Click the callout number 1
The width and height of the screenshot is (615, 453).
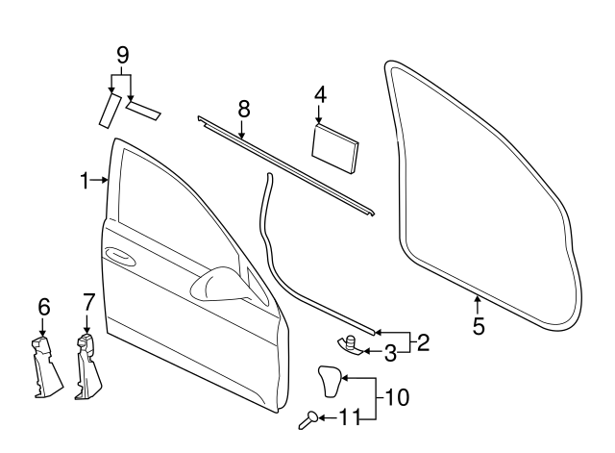tap(85, 180)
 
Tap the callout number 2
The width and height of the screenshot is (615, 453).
tap(423, 340)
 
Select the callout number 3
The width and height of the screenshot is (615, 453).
tap(390, 353)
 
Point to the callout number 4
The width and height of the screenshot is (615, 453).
tap(320, 94)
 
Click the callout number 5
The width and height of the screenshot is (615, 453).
tap(479, 325)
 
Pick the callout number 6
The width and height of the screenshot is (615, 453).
tap(43, 307)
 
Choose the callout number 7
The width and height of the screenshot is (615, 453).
tap(87, 302)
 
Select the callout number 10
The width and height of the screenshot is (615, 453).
tap(398, 395)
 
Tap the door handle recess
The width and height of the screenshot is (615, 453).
tap(121, 255)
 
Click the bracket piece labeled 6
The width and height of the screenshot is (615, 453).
tap(43, 367)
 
